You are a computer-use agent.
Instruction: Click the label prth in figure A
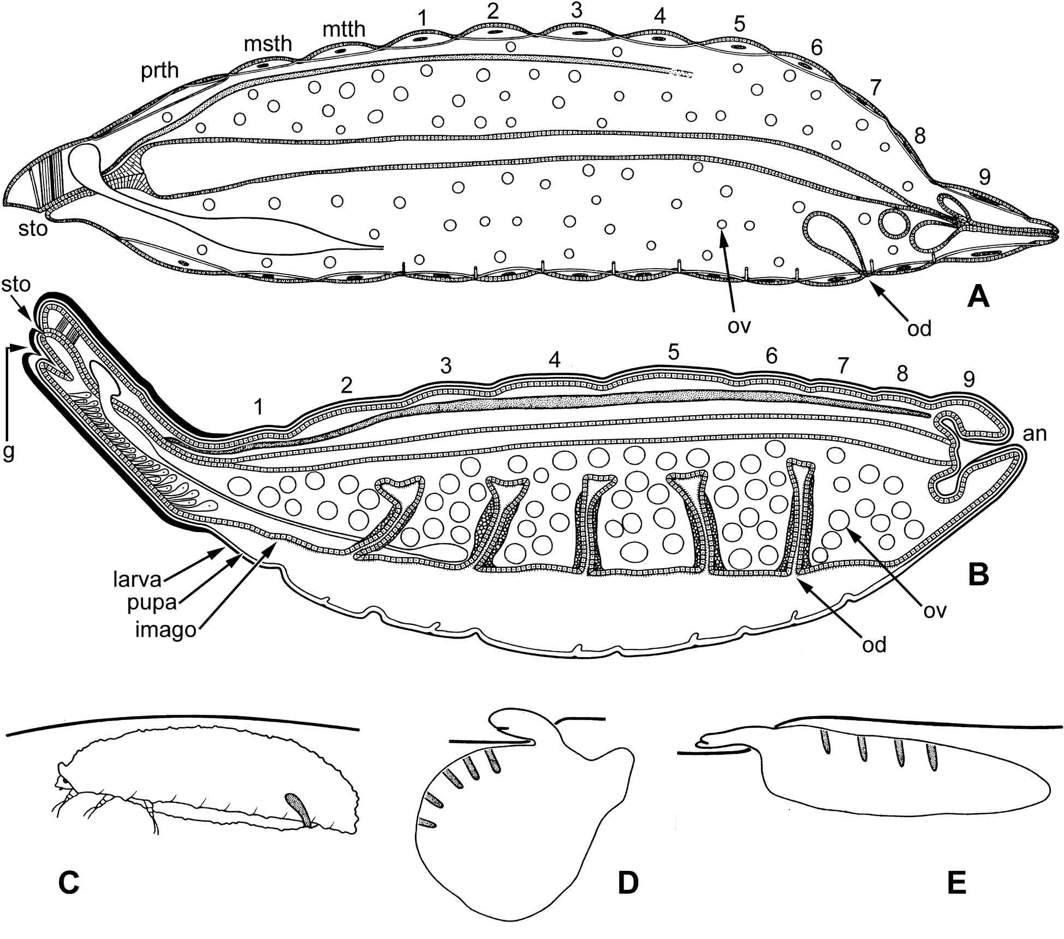click(159, 70)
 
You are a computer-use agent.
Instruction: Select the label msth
click(268, 44)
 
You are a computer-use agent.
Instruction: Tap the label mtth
click(343, 29)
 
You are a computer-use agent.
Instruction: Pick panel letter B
click(978, 574)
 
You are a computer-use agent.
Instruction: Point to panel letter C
click(69, 883)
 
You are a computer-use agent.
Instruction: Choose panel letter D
click(628, 883)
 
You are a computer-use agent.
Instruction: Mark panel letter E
click(956, 883)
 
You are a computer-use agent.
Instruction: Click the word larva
click(138, 579)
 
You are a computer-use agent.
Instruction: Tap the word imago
click(165, 630)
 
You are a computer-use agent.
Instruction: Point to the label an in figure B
click(1035, 433)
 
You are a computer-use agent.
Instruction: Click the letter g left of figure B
click(8, 452)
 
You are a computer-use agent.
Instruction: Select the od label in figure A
click(919, 329)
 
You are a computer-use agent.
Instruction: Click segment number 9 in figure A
click(984, 177)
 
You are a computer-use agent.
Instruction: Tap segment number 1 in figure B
click(258, 407)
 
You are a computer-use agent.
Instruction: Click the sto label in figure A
click(33, 229)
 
